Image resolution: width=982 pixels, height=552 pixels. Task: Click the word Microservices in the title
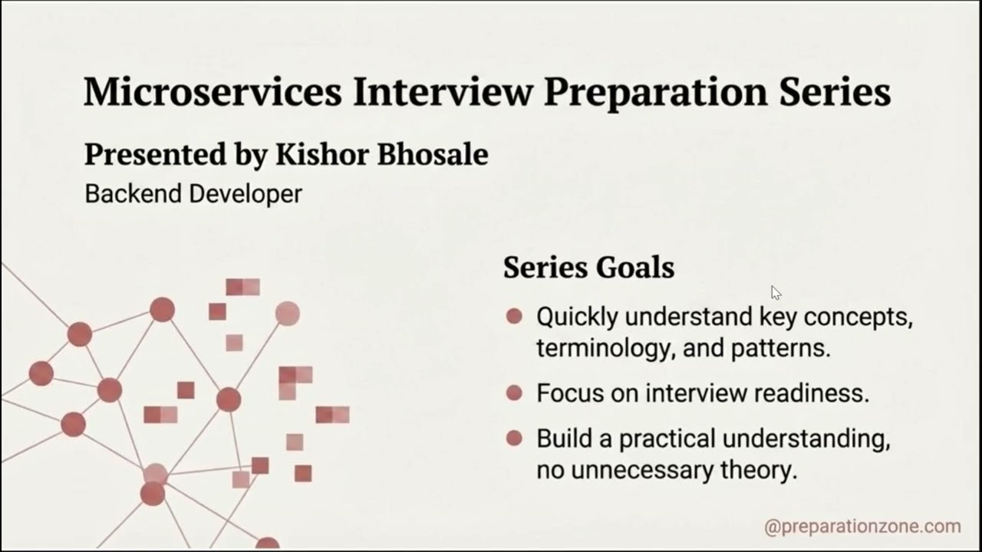[213, 91]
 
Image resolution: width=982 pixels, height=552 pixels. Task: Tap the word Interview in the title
[443, 91]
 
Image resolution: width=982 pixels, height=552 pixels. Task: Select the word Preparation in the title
[656, 94]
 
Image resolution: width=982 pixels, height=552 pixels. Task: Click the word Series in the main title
[835, 91]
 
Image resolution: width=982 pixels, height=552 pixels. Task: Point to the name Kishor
[322, 154]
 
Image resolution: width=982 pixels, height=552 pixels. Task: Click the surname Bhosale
[433, 154]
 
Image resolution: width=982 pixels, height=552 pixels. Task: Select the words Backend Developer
[193, 194]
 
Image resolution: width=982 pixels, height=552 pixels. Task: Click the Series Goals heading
[588, 268]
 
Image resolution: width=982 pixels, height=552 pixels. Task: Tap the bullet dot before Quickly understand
[514, 317]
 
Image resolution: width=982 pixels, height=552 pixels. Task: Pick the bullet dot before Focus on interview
[514, 393]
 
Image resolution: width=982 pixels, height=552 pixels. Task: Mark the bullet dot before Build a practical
[514, 438]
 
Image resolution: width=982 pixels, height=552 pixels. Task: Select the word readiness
[812, 393]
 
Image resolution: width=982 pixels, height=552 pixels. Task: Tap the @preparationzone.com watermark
[863, 527]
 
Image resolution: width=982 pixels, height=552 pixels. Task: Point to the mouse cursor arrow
[776, 293]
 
